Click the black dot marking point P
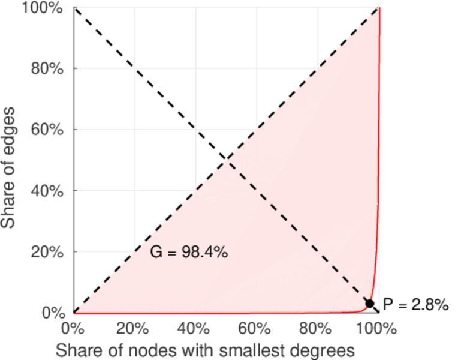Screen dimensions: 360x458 [370, 304]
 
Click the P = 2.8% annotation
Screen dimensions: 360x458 [415, 305]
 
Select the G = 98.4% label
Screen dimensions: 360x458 [188, 253]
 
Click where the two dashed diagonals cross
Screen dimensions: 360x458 [226, 160]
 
